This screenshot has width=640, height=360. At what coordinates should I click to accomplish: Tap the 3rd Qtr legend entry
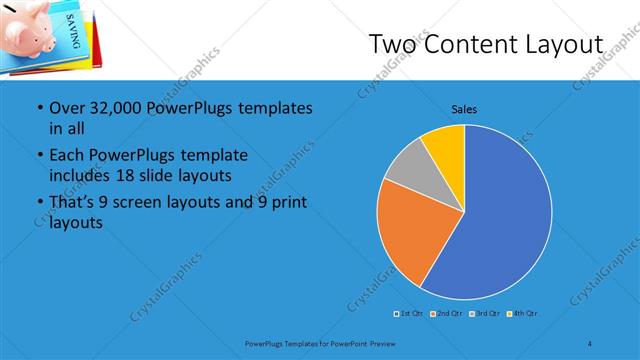pyautogui.click(x=486, y=315)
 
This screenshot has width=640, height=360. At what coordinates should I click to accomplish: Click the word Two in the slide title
pyautogui.click(x=394, y=44)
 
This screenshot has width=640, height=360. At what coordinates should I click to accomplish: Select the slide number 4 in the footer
pyautogui.click(x=591, y=343)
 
